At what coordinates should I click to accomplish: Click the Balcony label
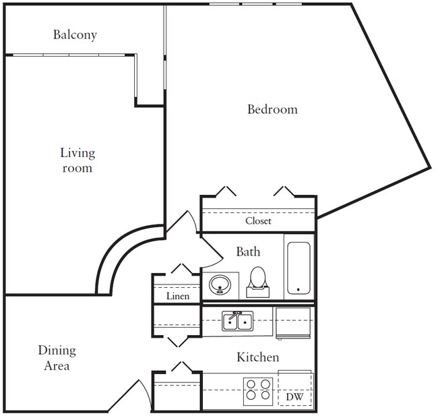[x=75, y=34]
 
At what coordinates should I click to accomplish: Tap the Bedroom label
[x=272, y=109]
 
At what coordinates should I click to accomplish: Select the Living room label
[x=77, y=160]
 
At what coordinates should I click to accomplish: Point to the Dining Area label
[x=57, y=358]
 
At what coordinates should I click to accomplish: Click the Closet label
[x=258, y=220]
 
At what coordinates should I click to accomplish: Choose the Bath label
[x=248, y=251]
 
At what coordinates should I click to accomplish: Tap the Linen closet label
[x=178, y=296]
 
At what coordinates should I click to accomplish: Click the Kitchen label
[x=257, y=357]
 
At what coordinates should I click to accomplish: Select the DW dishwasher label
[x=294, y=397]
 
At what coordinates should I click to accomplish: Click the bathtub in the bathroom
[x=299, y=268]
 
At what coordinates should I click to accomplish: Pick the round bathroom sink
[x=220, y=285]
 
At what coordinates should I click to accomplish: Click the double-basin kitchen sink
[x=237, y=321]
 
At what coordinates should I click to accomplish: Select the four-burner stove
[x=257, y=391]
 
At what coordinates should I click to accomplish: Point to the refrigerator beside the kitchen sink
[x=293, y=323]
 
